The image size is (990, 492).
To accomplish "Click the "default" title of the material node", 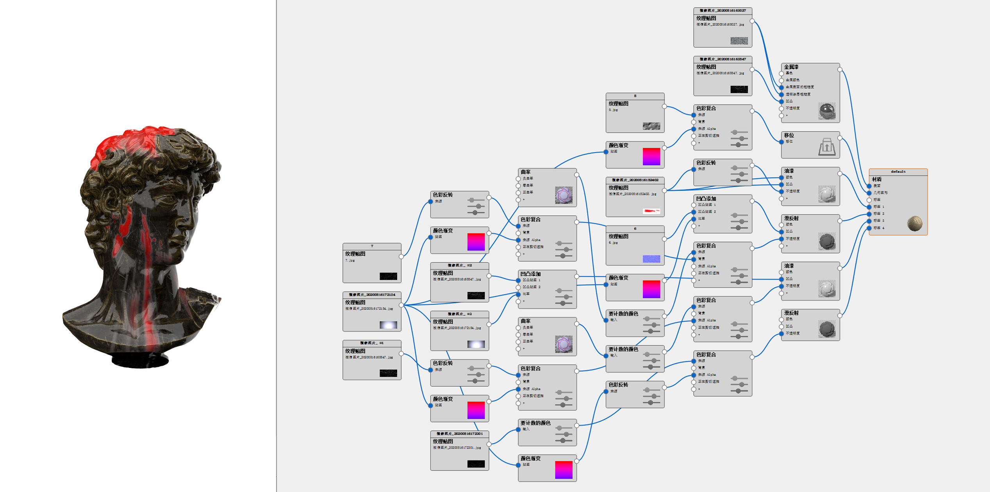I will [898, 172].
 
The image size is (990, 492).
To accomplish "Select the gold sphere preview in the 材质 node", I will [914, 224].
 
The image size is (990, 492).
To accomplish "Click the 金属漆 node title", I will [791, 67].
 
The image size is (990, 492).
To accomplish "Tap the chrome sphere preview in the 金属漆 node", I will [827, 111].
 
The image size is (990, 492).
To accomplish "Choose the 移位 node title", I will [789, 135].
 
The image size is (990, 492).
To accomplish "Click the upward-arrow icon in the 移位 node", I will [826, 147].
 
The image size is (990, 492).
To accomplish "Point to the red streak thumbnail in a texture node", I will [651, 211].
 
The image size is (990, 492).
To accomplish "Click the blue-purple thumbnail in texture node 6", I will [651, 259].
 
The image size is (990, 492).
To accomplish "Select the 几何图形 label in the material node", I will [880, 193].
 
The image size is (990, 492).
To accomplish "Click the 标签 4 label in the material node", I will [879, 228].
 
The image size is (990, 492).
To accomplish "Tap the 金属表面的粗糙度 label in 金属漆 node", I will [799, 87].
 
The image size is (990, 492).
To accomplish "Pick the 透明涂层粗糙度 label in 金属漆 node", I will [798, 94].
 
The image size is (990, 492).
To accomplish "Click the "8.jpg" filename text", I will [613, 110].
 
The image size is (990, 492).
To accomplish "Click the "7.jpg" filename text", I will [350, 260].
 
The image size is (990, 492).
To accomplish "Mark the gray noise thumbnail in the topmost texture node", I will [739, 41].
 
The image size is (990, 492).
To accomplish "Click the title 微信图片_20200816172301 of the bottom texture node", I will [459, 433].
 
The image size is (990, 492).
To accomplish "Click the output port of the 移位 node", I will [840, 138].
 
